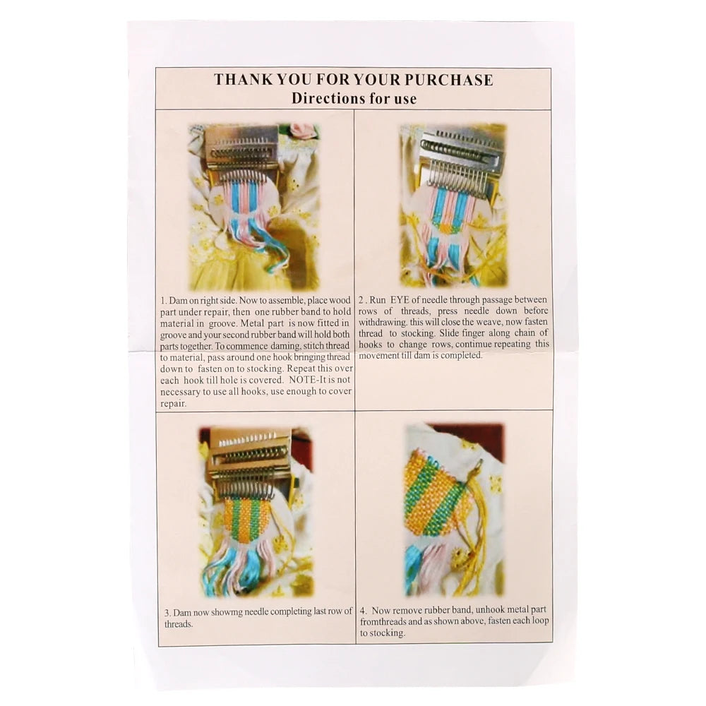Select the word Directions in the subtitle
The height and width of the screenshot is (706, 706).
click(323, 98)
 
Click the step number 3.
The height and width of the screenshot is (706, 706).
click(166, 613)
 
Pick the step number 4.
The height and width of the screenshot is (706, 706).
click(362, 609)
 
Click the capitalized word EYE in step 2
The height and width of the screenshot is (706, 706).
click(414, 300)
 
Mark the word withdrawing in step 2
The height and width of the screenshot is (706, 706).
click(387, 322)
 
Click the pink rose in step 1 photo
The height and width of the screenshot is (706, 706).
click(304, 131)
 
